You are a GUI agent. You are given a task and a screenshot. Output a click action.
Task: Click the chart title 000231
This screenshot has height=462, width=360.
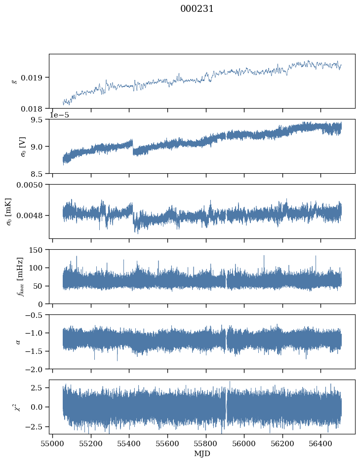197,9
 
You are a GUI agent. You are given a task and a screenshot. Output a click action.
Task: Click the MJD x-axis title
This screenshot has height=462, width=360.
202,454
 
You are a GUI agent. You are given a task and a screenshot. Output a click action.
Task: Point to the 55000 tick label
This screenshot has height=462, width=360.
53,443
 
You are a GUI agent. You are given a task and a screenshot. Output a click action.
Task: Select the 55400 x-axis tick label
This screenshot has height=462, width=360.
129,443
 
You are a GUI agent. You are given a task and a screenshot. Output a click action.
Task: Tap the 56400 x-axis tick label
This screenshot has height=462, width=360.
321,443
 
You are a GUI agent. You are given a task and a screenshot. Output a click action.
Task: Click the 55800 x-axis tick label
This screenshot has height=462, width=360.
206,443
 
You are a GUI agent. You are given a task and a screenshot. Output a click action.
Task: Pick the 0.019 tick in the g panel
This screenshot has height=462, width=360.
31,78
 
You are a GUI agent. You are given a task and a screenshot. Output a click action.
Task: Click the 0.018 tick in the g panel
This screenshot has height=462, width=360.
31,109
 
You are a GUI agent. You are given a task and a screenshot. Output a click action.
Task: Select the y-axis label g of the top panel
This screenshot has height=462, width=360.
14,81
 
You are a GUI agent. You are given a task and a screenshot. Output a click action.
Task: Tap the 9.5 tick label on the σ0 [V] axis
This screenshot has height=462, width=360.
37,119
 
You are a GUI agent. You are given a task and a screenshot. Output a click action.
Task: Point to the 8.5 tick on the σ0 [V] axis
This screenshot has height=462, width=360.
37,174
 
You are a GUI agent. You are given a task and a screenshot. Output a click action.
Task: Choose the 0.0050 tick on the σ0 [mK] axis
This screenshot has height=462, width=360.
30,185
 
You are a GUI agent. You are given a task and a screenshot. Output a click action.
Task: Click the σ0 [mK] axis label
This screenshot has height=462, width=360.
8,212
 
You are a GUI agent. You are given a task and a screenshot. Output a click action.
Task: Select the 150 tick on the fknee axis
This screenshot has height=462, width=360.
36,250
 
